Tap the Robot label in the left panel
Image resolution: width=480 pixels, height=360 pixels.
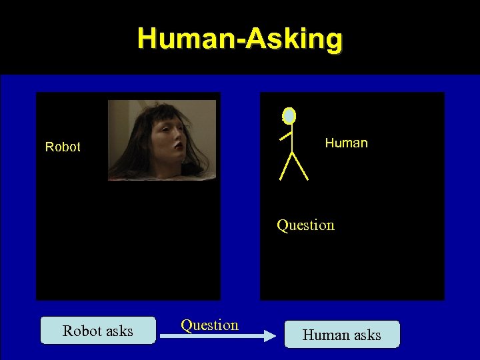pos(63,147)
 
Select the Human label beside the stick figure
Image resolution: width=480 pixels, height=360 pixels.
pos(346,143)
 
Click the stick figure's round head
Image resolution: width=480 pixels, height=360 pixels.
pos(289,116)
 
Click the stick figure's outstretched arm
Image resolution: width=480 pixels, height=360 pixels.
pos(285,136)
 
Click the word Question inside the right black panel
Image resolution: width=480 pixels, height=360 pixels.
pos(305,225)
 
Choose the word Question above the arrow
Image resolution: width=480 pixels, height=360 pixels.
pos(209,325)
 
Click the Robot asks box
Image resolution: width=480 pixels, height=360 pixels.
pos(98,331)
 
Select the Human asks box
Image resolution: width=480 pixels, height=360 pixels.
pos(342,335)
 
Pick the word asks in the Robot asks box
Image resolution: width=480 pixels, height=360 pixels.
pos(117,331)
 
